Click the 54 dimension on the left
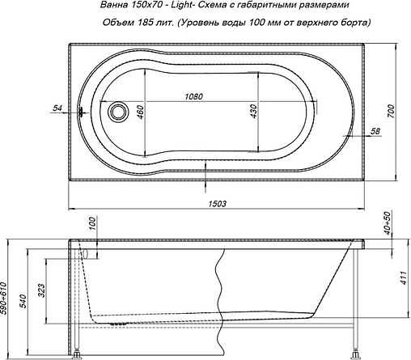(x=57, y=107)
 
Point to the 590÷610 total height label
(x=7, y=297)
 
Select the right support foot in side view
(x=354, y=351)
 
